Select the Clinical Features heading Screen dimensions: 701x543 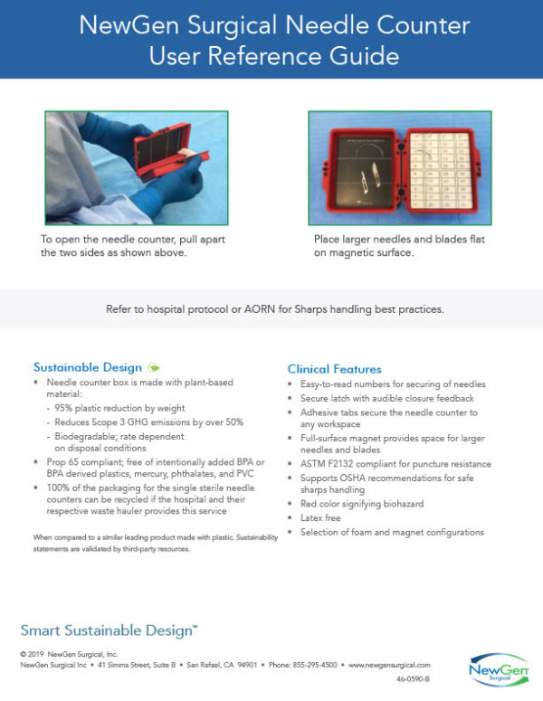[x=334, y=369]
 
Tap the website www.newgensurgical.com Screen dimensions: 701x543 [x=391, y=664]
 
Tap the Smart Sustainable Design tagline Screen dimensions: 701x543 [x=110, y=630]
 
